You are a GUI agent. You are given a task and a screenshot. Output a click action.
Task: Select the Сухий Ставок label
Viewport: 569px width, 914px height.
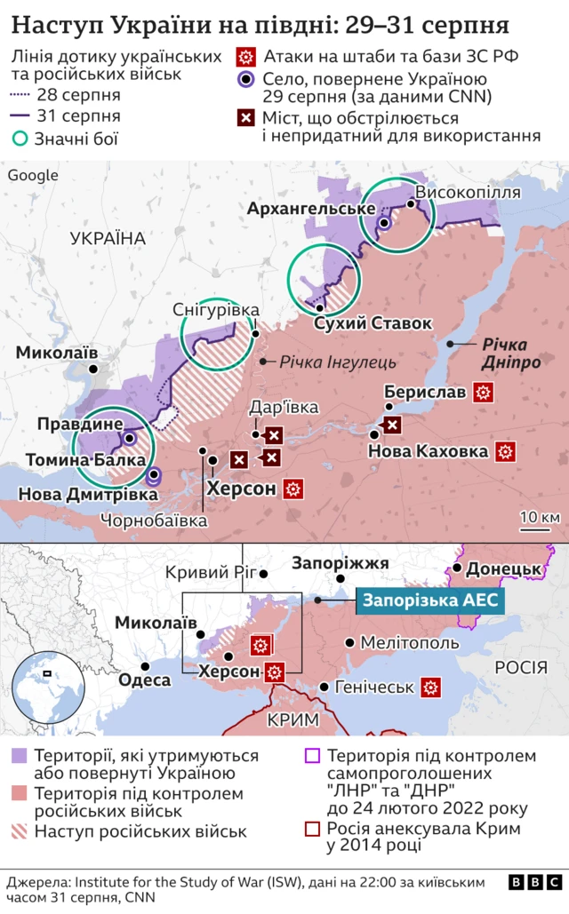point(360,322)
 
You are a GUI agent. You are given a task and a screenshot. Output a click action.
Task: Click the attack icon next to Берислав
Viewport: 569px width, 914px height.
point(484,392)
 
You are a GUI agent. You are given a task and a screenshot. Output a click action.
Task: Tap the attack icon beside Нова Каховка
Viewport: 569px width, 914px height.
point(506,451)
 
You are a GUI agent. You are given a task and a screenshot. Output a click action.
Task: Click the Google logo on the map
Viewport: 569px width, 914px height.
point(33,175)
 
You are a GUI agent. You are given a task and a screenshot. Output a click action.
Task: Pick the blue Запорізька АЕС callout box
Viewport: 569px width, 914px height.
point(431,600)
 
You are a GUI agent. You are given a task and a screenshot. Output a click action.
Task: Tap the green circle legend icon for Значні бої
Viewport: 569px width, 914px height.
point(20,138)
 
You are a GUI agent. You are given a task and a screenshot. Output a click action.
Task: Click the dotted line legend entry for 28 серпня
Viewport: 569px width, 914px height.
point(20,95)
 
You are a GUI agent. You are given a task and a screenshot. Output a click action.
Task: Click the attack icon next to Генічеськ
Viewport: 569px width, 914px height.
point(432,687)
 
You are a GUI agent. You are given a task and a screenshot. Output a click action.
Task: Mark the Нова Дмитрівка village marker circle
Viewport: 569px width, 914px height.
point(153,475)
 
